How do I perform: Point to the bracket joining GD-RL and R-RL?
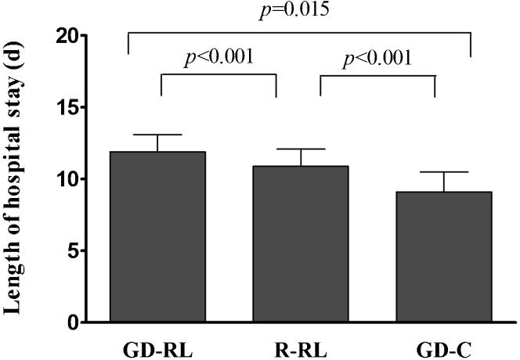click(218, 75)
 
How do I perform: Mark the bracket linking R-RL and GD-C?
click(378, 75)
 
